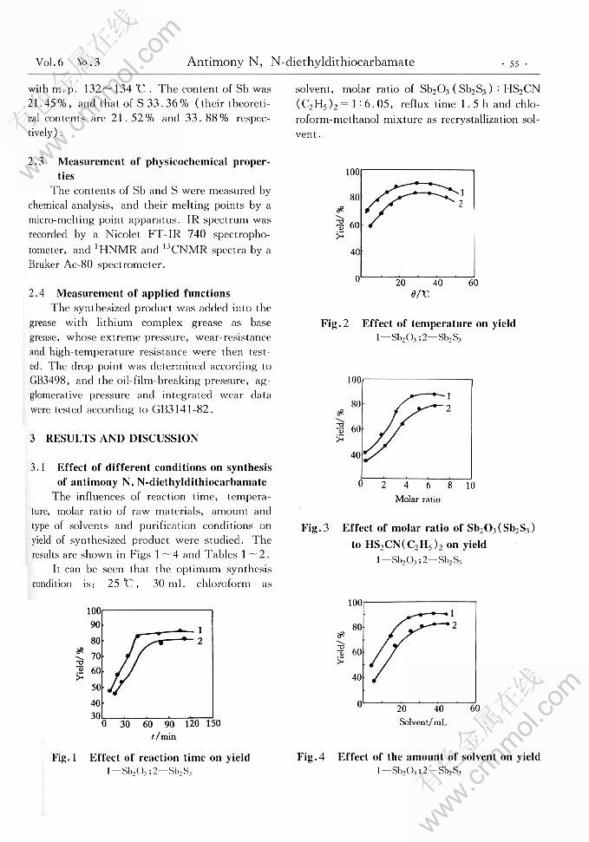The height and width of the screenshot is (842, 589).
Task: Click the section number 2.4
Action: [39, 293]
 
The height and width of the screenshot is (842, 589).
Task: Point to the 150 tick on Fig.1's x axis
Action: [213, 723]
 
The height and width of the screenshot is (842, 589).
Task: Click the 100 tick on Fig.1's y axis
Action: [95, 611]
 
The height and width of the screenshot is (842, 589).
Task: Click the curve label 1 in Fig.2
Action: [462, 192]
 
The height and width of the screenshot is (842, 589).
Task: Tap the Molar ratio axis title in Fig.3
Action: [417, 499]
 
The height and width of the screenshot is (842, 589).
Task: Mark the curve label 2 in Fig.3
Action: [448, 408]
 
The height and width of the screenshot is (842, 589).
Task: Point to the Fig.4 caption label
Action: [311, 756]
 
